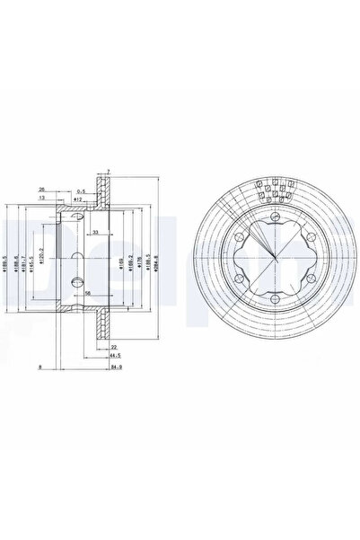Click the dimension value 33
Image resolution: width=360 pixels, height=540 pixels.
(96, 232)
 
